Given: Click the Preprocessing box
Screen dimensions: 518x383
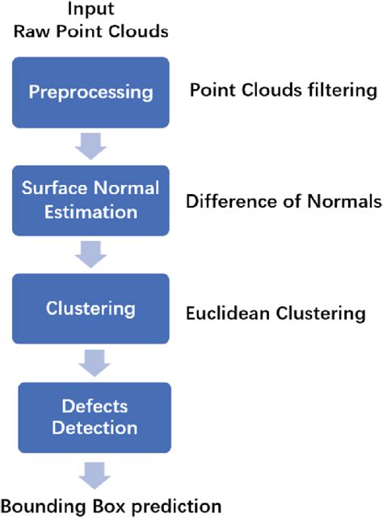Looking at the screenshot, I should click(90, 91).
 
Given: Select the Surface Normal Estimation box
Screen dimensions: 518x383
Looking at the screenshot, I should click(90, 200).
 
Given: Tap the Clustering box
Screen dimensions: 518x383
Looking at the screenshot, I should click(90, 309).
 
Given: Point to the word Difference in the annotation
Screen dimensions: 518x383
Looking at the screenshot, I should click(227, 200).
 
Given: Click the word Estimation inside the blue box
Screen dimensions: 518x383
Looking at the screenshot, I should click(90, 211).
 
